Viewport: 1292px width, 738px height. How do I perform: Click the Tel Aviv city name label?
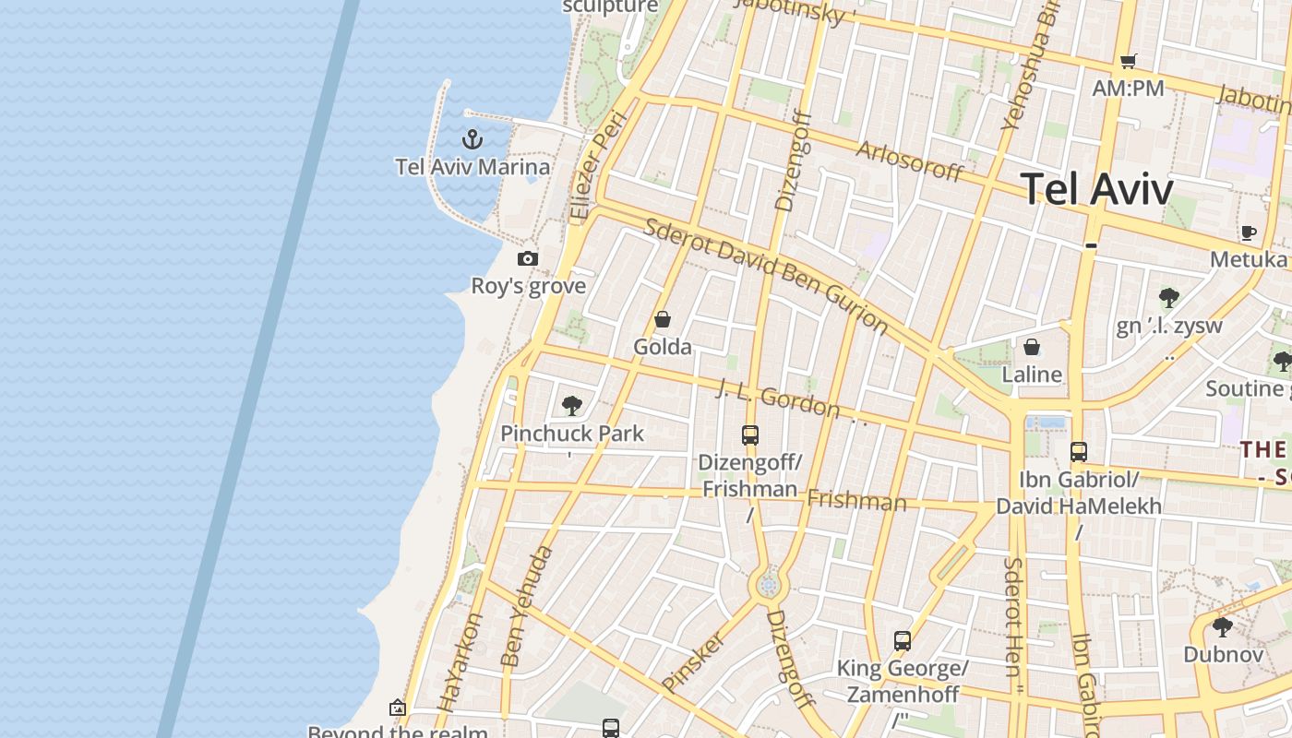(x=1097, y=189)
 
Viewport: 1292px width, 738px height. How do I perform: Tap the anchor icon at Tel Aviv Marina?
(x=473, y=139)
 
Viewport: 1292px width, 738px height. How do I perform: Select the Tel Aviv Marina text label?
(x=473, y=167)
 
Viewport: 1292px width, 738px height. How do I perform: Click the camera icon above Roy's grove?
(x=528, y=258)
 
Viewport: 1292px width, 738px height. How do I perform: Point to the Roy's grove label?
(x=528, y=286)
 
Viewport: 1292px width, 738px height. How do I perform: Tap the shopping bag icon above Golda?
(x=663, y=320)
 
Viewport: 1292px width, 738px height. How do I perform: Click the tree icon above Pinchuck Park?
(x=572, y=405)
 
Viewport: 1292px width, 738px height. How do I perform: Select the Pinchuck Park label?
(x=572, y=433)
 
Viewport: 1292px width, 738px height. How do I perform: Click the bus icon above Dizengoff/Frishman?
(x=750, y=434)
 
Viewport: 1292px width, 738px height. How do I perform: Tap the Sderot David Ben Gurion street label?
(x=766, y=276)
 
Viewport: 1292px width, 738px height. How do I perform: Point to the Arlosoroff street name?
(x=910, y=161)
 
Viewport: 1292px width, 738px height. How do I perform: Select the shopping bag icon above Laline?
(x=1032, y=347)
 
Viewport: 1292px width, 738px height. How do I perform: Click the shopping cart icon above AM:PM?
(x=1128, y=62)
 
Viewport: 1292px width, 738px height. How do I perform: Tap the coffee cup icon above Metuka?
(x=1249, y=232)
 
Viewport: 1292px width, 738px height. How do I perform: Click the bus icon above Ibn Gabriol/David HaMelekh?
(x=1079, y=451)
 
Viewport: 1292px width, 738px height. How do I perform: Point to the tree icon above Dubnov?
(x=1223, y=627)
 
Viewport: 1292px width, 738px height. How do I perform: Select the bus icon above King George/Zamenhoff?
(x=903, y=640)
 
